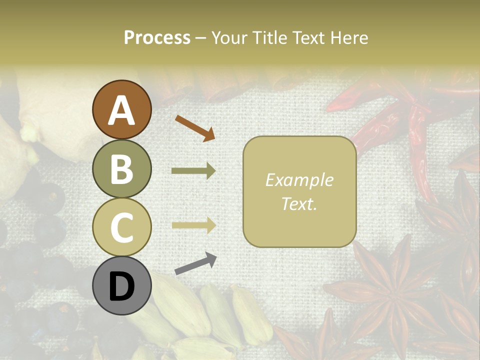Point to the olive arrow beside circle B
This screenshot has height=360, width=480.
193,171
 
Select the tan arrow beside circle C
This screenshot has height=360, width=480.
193,225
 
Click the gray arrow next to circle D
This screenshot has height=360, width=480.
195,263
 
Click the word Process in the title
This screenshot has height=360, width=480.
157,38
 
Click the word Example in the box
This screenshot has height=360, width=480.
299,180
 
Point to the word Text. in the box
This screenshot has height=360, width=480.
299,203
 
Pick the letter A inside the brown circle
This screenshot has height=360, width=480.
122,110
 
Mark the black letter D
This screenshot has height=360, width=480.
122,286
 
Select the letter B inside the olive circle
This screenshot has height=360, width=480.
122,169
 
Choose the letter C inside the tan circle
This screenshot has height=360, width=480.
122,227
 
